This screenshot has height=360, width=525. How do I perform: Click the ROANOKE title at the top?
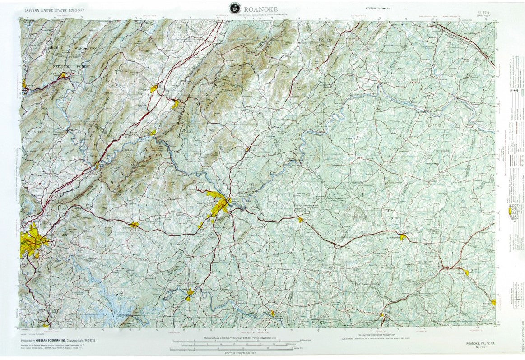click(261, 9)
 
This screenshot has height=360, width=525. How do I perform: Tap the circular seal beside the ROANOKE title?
click(234, 7)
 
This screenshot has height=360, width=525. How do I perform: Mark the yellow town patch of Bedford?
click(134, 225)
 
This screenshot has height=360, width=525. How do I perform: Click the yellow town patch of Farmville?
click(403, 236)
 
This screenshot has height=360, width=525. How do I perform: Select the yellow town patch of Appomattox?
click(300, 220)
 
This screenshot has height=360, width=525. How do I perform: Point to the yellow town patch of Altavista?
click(189, 294)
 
